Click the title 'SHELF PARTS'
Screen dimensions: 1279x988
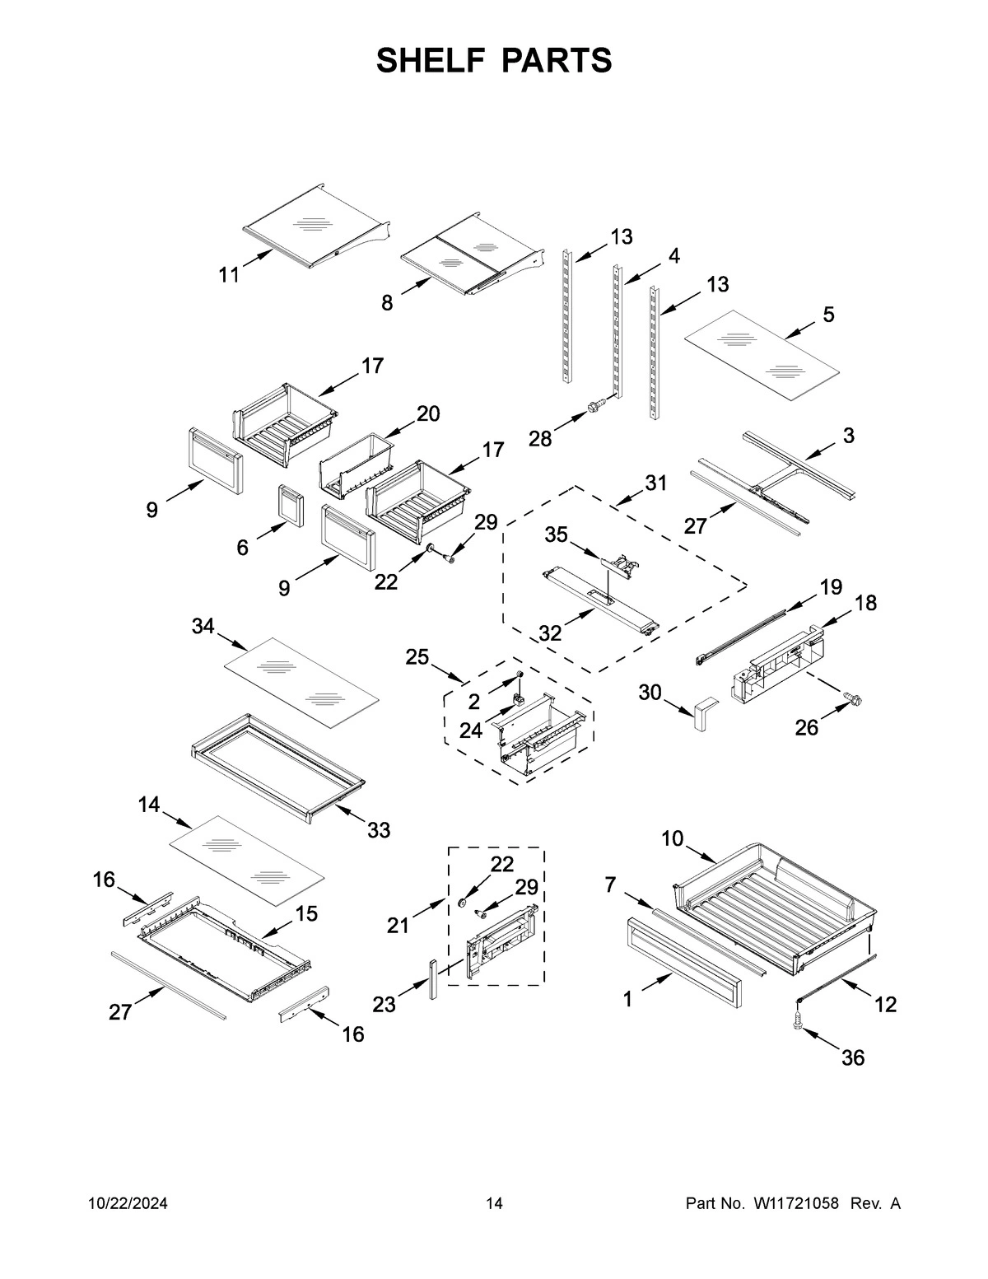click(494, 61)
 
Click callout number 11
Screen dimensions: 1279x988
click(229, 275)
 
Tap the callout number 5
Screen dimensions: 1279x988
click(828, 314)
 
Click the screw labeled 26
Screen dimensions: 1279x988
click(854, 700)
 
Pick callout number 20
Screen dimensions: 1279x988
click(428, 414)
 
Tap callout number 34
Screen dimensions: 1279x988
click(203, 627)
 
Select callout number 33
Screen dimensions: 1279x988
click(379, 830)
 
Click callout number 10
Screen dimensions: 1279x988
click(672, 838)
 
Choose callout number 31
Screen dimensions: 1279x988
click(655, 483)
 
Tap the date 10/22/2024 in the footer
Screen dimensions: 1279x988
click(128, 1204)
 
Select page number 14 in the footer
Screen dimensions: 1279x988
click(494, 1204)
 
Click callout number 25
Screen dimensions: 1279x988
click(417, 657)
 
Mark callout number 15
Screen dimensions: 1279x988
click(306, 913)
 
